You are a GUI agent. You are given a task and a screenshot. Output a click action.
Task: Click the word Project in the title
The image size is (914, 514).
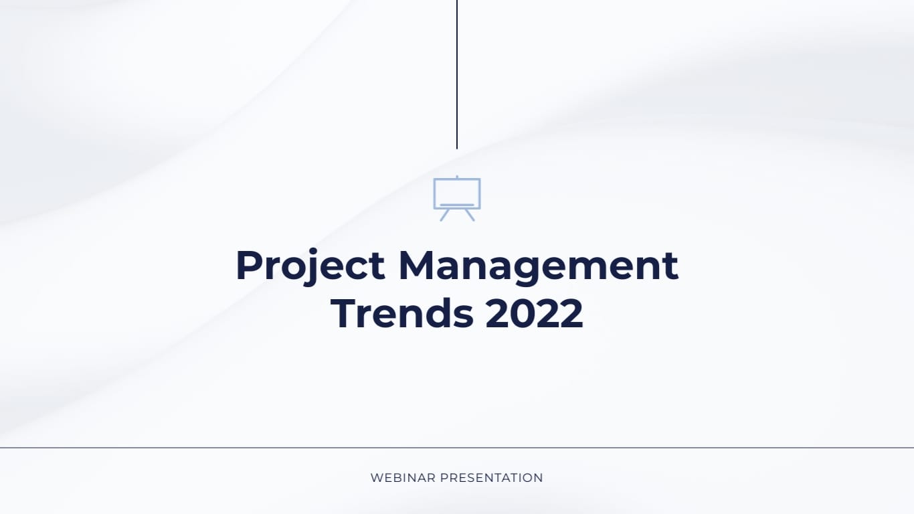(x=310, y=265)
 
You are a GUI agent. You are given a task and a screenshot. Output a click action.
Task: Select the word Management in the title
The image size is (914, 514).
(x=538, y=265)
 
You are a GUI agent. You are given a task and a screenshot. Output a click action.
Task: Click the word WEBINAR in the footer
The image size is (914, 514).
(x=402, y=478)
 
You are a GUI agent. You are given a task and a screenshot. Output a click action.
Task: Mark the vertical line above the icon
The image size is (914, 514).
(x=457, y=74)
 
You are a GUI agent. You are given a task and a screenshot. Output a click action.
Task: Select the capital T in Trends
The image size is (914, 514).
(x=344, y=313)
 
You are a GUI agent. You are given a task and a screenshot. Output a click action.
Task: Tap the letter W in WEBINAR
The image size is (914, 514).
(x=376, y=478)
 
